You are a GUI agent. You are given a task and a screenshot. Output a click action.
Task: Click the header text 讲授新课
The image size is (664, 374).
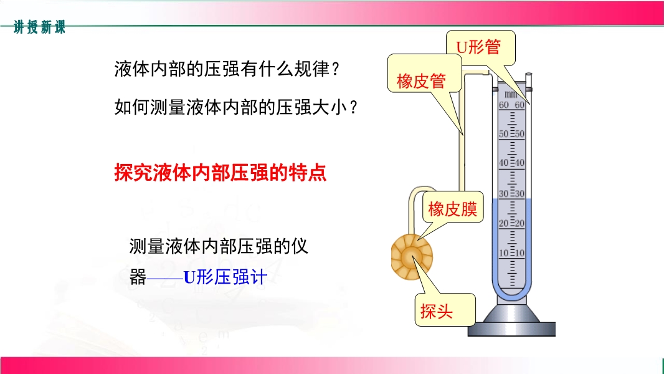(x=39, y=27)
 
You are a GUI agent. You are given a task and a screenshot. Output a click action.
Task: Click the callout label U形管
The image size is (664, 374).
(x=478, y=47)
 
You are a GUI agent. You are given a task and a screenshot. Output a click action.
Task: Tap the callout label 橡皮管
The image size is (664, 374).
(x=421, y=80)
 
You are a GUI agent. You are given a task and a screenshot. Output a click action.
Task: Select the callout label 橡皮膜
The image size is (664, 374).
(x=453, y=209)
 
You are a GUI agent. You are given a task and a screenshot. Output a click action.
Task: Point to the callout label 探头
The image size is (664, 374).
(x=437, y=311)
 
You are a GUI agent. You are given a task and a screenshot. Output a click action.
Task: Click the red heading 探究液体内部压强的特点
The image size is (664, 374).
(x=221, y=173)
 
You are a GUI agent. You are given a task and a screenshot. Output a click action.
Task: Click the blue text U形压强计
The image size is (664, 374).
(x=225, y=277)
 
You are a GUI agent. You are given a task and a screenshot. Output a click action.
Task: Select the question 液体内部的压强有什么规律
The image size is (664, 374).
(x=227, y=69)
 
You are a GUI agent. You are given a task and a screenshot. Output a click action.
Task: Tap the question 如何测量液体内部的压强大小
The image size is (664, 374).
(x=235, y=107)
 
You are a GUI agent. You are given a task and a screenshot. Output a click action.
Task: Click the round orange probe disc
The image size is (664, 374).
(x=412, y=257)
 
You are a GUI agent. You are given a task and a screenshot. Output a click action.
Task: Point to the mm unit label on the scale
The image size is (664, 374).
(x=511, y=95)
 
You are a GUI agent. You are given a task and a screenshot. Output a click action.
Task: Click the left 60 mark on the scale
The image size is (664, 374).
(x=503, y=105)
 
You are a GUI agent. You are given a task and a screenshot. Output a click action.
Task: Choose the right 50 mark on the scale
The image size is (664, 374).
(x=519, y=134)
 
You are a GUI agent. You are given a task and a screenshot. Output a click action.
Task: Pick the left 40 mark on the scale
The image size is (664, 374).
(x=503, y=163)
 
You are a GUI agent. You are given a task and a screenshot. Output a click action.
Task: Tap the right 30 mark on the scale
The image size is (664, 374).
(x=519, y=194)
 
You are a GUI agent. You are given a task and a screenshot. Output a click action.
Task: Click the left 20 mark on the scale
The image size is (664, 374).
(x=503, y=223)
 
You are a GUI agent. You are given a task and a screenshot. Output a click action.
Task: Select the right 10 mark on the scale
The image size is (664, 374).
(x=519, y=253)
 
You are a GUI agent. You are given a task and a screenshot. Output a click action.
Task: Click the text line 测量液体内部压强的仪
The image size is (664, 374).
(x=219, y=246)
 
